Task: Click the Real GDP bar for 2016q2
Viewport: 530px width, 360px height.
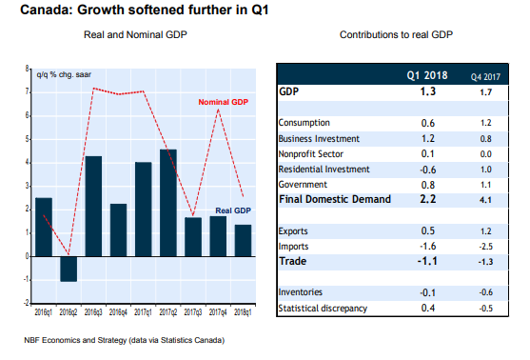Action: click(69, 269)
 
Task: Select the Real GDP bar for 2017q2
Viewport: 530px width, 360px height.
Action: click(168, 203)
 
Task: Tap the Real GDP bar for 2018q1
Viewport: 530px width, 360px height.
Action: click(243, 241)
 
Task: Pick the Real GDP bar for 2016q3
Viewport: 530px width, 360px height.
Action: click(93, 207)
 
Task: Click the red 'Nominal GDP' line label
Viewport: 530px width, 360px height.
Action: click(223, 102)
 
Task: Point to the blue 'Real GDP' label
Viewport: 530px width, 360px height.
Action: click(233, 210)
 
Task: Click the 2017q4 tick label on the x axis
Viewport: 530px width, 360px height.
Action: click(218, 312)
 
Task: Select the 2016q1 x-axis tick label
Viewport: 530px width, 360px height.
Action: click(44, 312)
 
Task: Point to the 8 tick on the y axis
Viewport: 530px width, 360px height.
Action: click(27, 69)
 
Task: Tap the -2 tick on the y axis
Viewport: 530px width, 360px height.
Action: click(27, 303)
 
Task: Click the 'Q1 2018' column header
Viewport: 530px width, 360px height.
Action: click(427, 75)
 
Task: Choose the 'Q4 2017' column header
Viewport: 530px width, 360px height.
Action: click(485, 77)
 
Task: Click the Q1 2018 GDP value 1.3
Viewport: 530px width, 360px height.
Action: click(428, 91)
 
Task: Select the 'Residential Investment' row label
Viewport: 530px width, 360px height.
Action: click(324, 170)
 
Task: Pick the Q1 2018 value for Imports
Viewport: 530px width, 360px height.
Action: click(428, 246)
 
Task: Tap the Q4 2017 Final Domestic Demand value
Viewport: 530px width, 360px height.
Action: click(485, 200)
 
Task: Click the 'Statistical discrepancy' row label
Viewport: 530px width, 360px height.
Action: click(323, 309)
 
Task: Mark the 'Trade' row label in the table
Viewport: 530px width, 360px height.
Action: click(293, 261)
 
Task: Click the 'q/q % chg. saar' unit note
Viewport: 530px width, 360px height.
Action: click(64, 75)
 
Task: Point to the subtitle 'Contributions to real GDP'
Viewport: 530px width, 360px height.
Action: click(396, 34)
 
